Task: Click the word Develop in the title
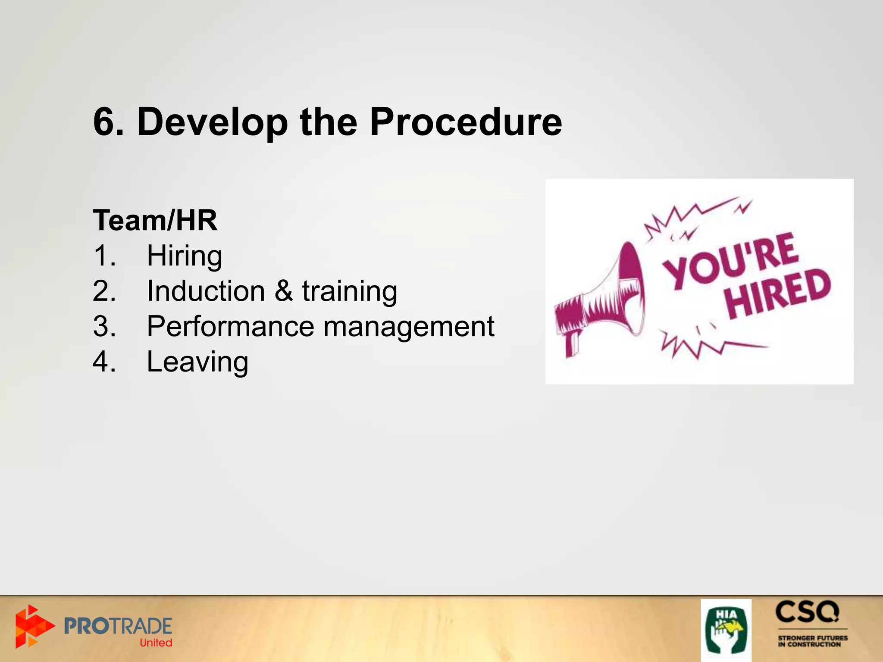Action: point(212,122)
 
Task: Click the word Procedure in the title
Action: point(466,122)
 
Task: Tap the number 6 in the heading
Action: point(103,122)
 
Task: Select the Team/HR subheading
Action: point(155,220)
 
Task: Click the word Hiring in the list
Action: point(185,256)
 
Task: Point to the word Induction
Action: point(206,291)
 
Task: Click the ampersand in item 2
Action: point(283,291)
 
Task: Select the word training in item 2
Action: point(349,292)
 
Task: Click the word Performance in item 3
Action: point(230,326)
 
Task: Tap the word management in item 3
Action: point(409,327)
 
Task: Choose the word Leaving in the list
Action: point(197,362)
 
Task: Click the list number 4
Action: point(104,362)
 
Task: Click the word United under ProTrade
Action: point(156,643)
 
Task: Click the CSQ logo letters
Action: point(807,612)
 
